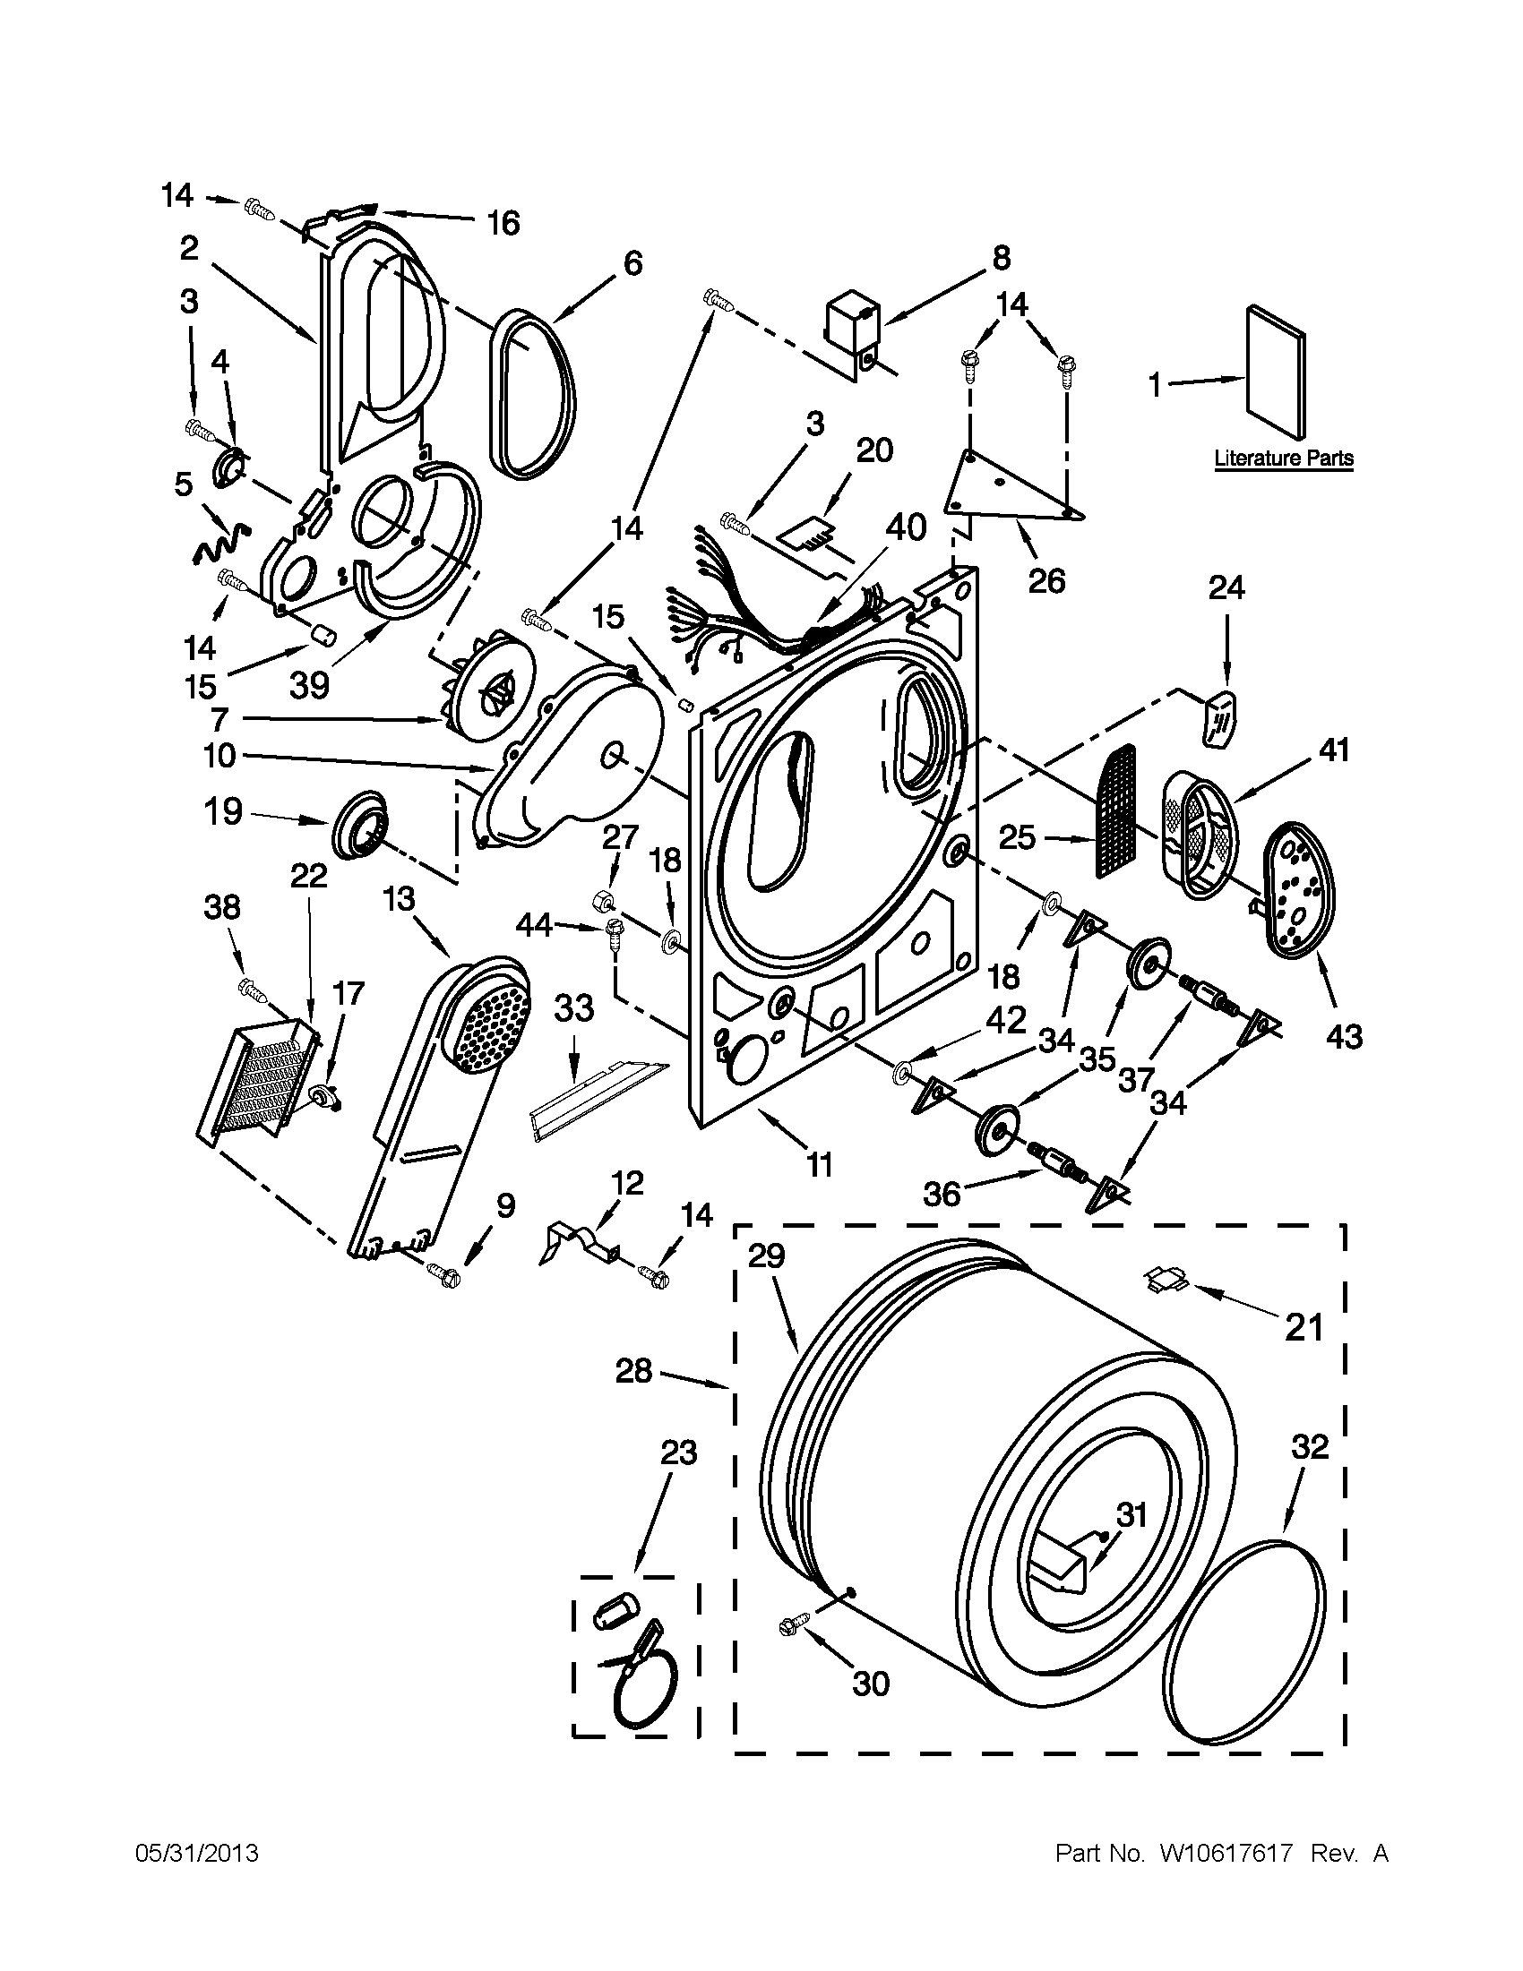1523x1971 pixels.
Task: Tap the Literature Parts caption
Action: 1283,458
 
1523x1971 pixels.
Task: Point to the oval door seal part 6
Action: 535,391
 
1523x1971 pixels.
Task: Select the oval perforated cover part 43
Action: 1297,888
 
